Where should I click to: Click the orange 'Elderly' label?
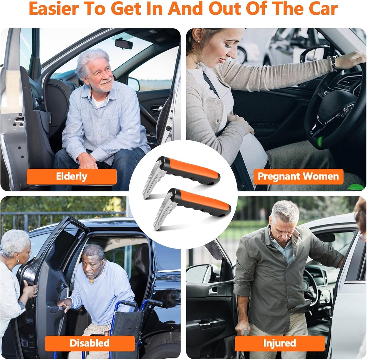(x=72, y=176)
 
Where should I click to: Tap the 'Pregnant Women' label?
(x=298, y=176)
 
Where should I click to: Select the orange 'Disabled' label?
(x=90, y=343)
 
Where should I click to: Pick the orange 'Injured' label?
(x=280, y=343)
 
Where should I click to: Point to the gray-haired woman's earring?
(x=18, y=261)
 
